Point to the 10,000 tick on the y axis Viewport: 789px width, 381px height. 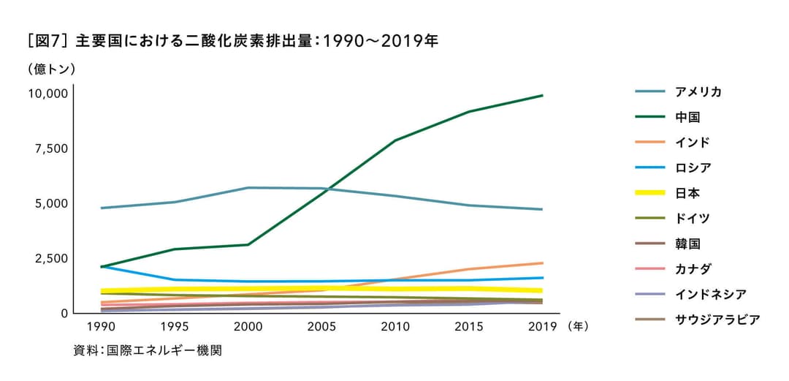tap(47, 94)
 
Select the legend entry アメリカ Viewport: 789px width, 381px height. tap(698, 91)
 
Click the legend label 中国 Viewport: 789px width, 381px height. tap(687, 117)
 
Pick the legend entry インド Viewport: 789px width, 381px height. tap(693, 142)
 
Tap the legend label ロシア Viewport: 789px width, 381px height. tap(693, 167)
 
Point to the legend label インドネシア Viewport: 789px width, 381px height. tap(711, 294)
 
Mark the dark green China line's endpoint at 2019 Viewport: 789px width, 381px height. tap(542, 95)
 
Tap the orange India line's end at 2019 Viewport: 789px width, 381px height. tap(542, 263)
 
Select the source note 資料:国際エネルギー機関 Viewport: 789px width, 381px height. tap(147, 350)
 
